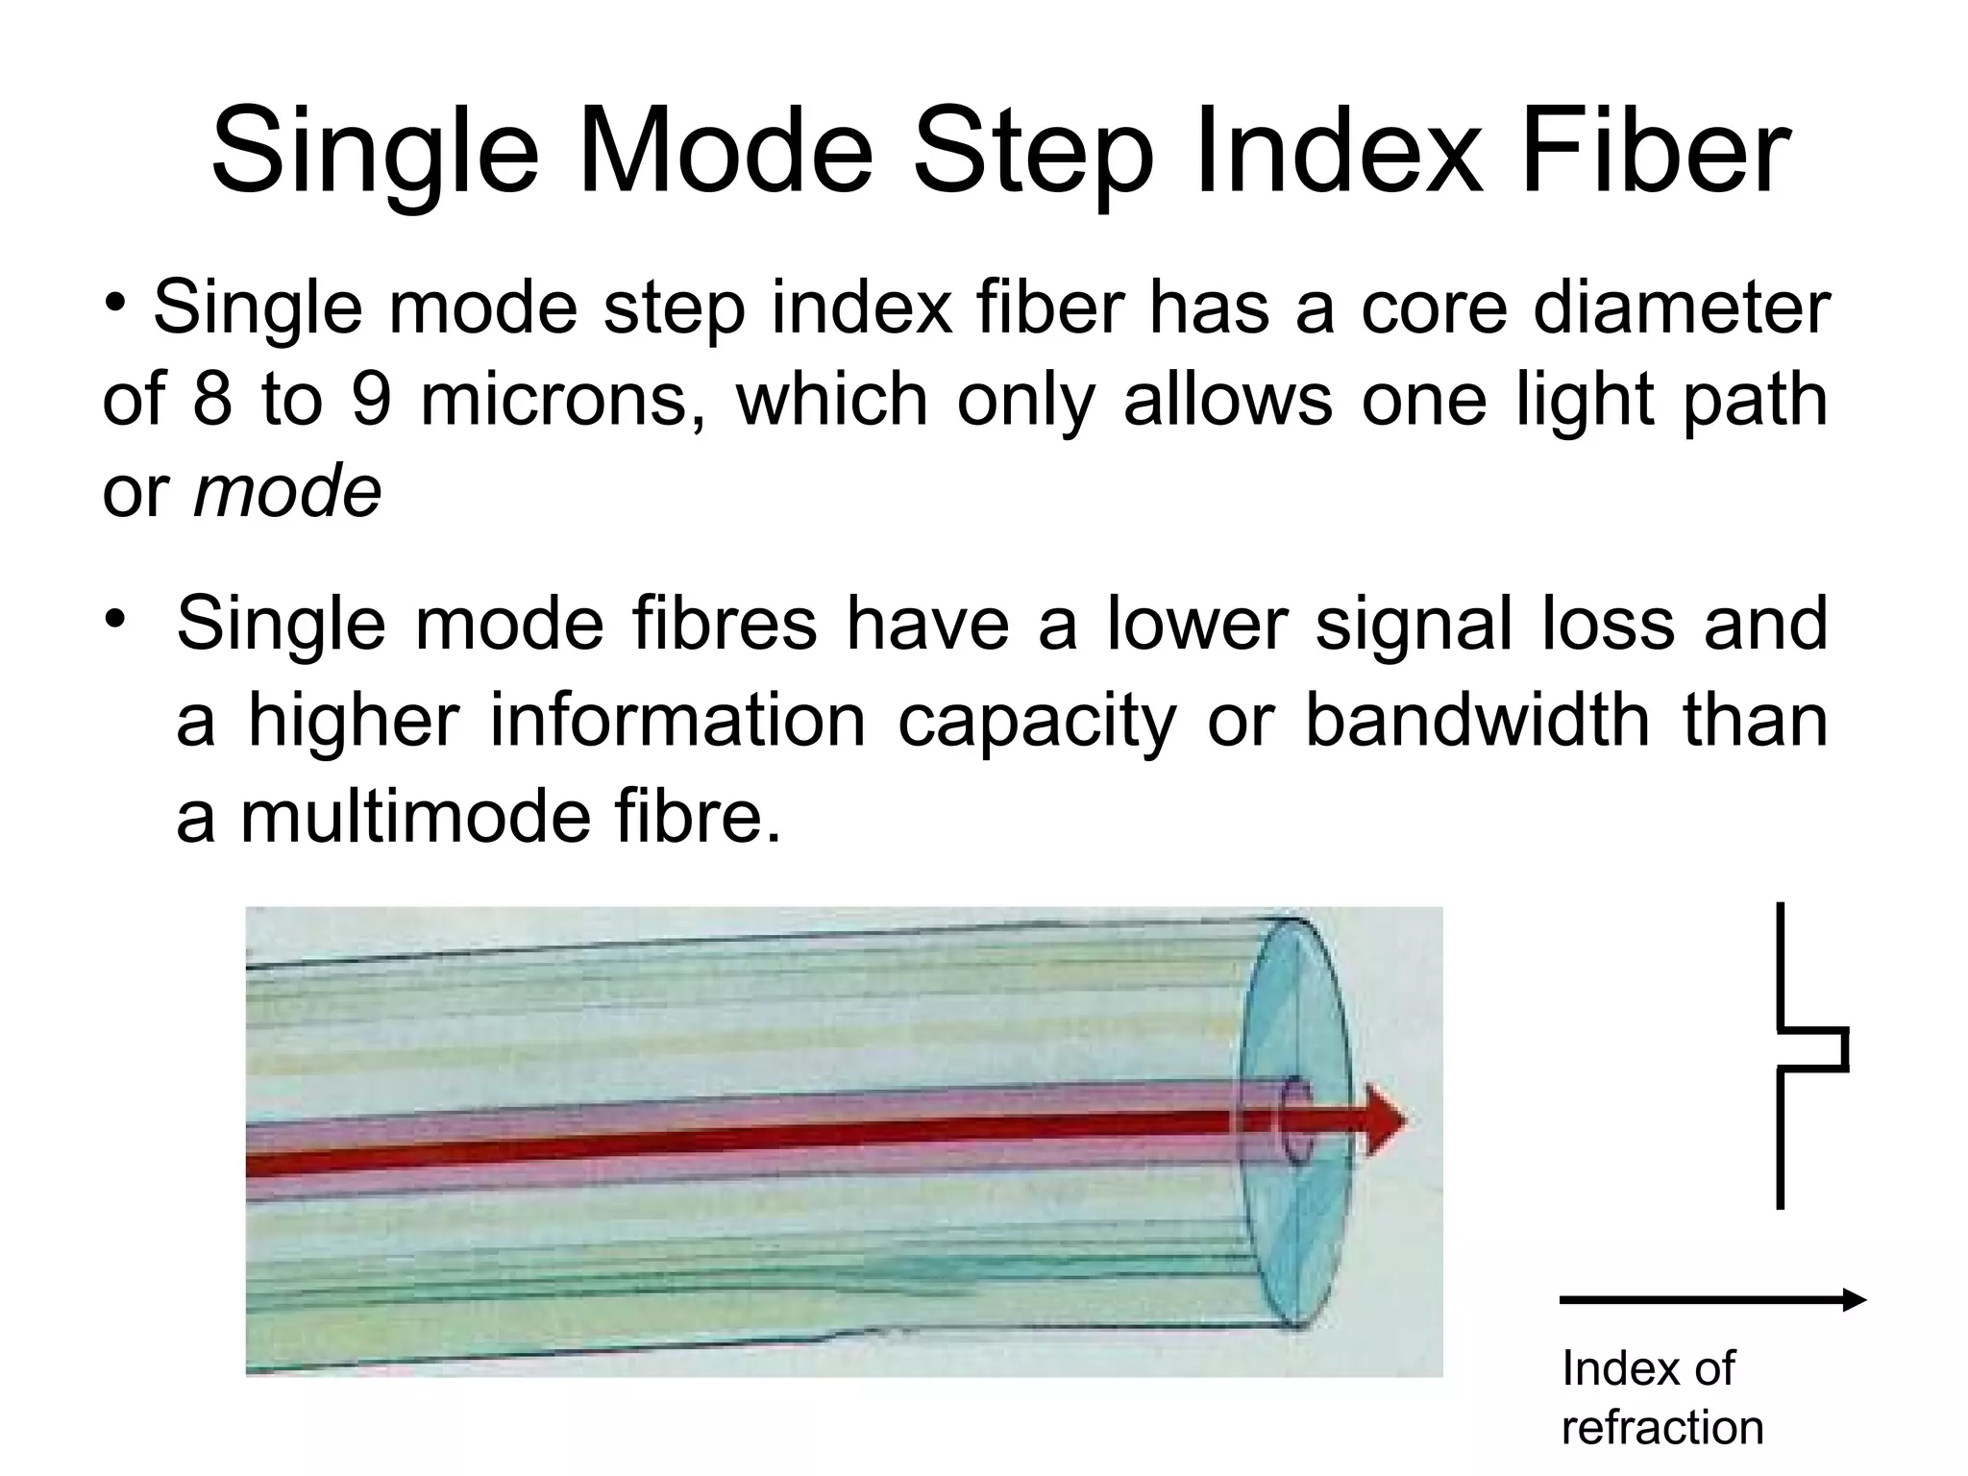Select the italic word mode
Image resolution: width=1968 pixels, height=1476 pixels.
tap(287, 492)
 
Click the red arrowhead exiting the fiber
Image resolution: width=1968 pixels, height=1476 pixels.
tap(1385, 1120)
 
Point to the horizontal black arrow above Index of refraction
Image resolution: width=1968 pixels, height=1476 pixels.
tap(1711, 1301)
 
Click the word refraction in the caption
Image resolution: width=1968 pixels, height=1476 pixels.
tap(1662, 1428)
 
